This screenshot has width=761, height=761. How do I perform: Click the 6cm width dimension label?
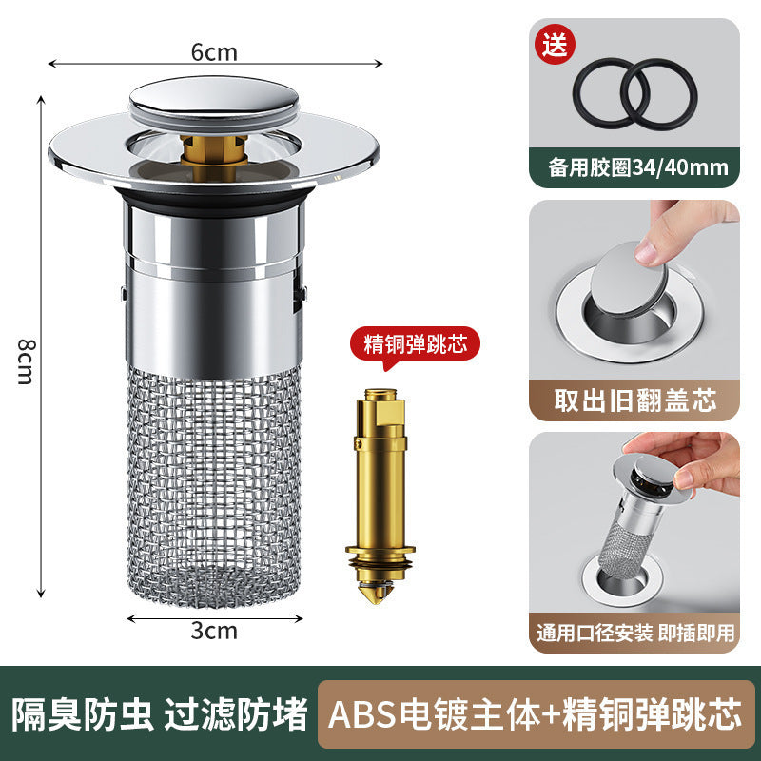[x=214, y=52]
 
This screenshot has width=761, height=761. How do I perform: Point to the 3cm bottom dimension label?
[x=214, y=629]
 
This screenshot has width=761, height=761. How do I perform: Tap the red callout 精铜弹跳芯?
[x=416, y=344]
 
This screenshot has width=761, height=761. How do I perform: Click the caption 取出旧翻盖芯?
[x=635, y=400]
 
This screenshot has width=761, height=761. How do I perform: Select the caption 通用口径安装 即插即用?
[x=635, y=633]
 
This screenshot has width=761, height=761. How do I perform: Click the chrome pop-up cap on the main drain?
[x=214, y=99]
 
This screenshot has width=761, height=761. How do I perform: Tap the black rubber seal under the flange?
[x=214, y=201]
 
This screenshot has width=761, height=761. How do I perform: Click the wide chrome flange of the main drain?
[x=86, y=152]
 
